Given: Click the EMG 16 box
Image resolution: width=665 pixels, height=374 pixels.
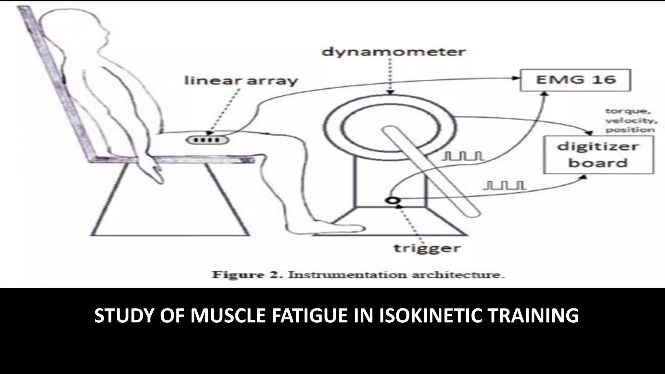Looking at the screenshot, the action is tap(575, 80).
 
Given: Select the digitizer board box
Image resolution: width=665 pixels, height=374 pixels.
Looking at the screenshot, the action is tap(598, 155).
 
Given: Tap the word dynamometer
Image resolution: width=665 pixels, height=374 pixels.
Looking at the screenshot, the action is tap(394, 52).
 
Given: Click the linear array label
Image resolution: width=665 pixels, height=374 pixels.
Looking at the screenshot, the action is tap(241, 81).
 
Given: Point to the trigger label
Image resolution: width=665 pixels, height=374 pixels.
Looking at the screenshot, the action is tap(427, 249).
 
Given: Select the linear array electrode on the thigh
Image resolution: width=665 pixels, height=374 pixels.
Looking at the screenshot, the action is tap(207, 140).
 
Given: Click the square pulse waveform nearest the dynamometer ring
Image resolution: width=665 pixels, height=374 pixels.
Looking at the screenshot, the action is tap(462, 157).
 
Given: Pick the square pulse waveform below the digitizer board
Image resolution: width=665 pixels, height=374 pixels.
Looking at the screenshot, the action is tap(504, 185).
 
